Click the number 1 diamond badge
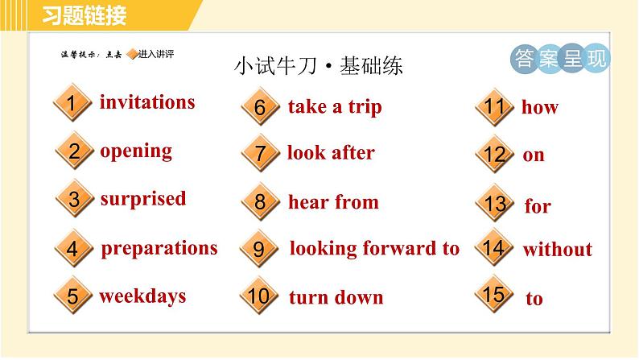[x=72, y=104]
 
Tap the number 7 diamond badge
[x=259, y=153]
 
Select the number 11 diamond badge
[x=494, y=107]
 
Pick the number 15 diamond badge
[x=494, y=295]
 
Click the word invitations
[x=147, y=102]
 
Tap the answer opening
[x=136, y=151]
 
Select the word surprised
[x=142, y=199]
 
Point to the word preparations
[x=159, y=247]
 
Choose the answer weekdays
[x=142, y=296]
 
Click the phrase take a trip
[x=334, y=107]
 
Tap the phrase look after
[x=331, y=152]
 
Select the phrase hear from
[x=333, y=201]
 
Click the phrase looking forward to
[x=374, y=248]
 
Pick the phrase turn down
[x=336, y=297]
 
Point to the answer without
[x=557, y=250]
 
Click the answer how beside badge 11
[x=539, y=108]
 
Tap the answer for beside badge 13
[x=538, y=206]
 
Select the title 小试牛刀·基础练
[x=318, y=66]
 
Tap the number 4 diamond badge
[x=72, y=248]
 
